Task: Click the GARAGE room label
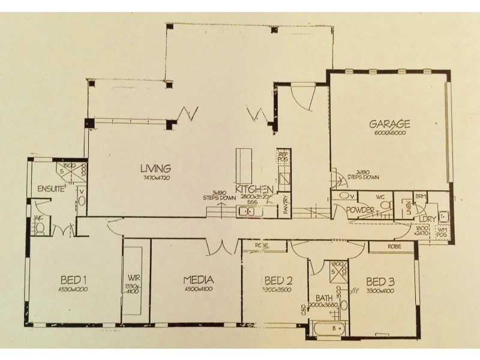[389, 124]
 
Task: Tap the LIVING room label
[156, 169]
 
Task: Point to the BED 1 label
[74, 280]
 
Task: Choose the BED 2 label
[278, 280]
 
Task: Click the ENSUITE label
[51, 188]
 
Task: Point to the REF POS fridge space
[284, 157]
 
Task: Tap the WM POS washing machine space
[443, 231]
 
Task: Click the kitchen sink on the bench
[247, 211]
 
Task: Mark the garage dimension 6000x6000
[389, 134]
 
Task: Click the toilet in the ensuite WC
[40, 227]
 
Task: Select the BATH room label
[324, 298]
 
